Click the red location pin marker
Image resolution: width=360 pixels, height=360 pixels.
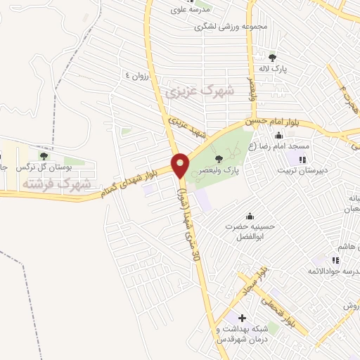[x=180, y=165]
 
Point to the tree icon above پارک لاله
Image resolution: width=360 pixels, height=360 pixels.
[x=272, y=58]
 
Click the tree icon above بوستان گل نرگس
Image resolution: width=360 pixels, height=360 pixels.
[x=44, y=156]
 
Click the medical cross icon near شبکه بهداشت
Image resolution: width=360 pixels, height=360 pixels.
[x=243, y=319]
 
